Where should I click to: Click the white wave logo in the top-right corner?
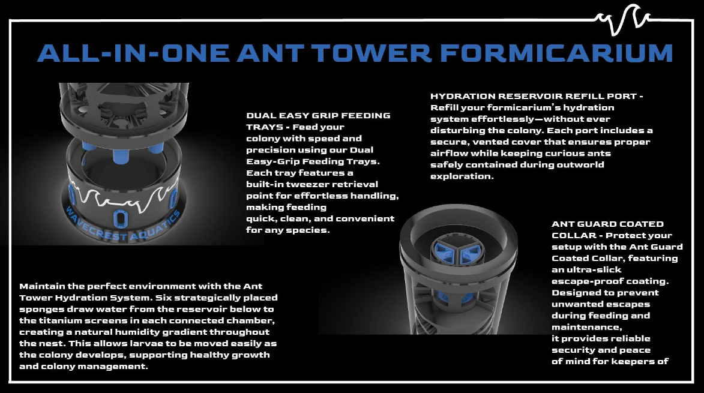click(x=622, y=19)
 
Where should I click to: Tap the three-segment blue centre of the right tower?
click(x=459, y=252)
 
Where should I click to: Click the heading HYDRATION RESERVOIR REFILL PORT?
click(x=534, y=96)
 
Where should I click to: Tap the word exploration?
click(x=462, y=176)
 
